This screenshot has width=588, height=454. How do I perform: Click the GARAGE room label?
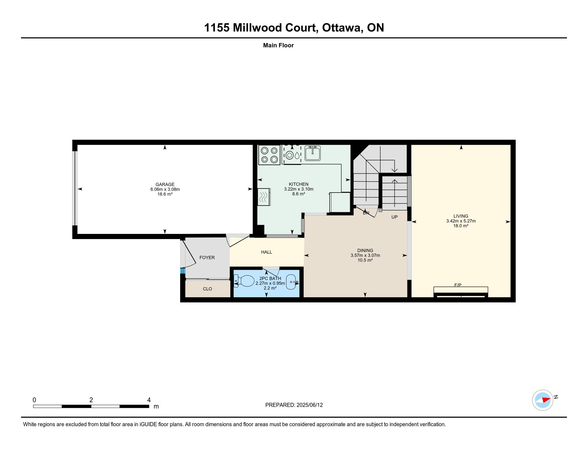click(x=165, y=185)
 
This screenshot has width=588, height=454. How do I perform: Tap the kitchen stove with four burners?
click(x=269, y=155)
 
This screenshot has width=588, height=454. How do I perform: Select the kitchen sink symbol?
click(x=313, y=153)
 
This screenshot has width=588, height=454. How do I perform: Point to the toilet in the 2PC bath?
click(x=244, y=281)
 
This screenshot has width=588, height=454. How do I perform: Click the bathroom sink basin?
click(x=292, y=282)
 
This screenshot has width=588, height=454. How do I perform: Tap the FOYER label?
click(x=207, y=258)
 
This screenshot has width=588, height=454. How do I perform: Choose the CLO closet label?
click(x=207, y=289)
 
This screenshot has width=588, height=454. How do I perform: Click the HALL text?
click(x=266, y=252)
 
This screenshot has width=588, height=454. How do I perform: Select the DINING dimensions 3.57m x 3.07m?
click(x=365, y=256)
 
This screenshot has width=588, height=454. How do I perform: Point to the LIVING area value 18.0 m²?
click(x=461, y=226)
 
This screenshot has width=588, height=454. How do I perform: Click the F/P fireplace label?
click(x=458, y=285)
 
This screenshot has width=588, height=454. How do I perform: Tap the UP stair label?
click(x=394, y=217)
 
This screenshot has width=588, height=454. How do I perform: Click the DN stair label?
click(x=366, y=213)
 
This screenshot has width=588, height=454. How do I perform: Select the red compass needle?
click(x=546, y=400)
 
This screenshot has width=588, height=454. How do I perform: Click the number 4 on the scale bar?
click(x=149, y=400)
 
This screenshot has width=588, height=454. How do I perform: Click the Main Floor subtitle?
click(x=278, y=45)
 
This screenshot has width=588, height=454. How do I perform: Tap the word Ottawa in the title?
click(x=342, y=28)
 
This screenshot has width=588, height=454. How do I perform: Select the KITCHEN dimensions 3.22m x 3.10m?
click(x=299, y=189)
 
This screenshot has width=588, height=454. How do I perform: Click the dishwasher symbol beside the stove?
click(x=292, y=155)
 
